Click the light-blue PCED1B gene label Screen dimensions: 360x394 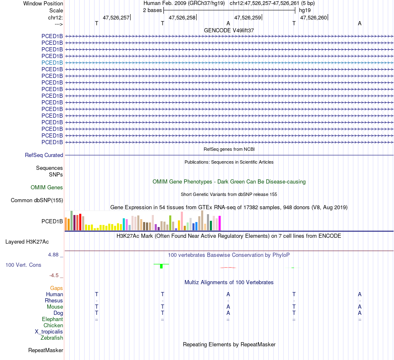pos(52,63)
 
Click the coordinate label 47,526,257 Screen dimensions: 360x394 pos(116,17)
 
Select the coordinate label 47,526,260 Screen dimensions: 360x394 pos(314,17)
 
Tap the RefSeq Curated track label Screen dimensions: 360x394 pos(44,155)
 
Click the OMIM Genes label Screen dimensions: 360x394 pos(47,188)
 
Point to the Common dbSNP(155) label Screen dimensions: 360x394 pos(37,201)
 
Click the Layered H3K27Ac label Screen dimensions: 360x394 pos(33,242)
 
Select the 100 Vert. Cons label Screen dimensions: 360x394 pos(23,265)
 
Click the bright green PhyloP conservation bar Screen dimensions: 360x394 pos(161,266)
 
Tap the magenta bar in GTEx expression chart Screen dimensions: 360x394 pos(220,223)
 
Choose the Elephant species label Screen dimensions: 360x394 pos(52,319)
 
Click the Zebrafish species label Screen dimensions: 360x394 pos(52,338)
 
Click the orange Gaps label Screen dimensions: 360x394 pos(56,288)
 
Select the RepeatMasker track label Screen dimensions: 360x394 pos(46,350)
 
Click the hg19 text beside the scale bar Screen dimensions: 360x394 pos(305,10)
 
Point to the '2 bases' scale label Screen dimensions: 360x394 pos(152,10)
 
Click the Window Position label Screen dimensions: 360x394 pos(43,3)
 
